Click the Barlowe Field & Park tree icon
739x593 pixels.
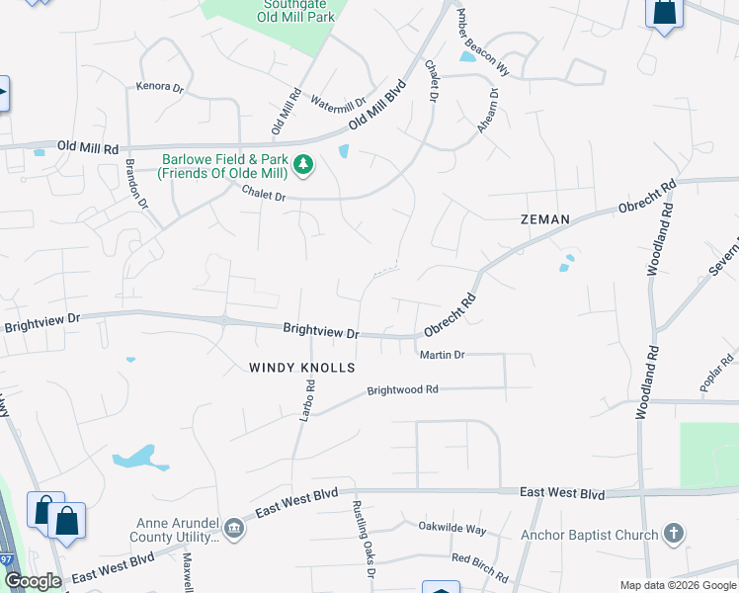pyautogui.click(x=304, y=164)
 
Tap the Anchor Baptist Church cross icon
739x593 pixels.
pyautogui.click(x=673, y=535)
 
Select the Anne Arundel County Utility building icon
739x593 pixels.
pyautogui.click(x=232, y=528)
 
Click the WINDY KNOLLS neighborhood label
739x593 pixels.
pyautogui.click(x=301, y=368)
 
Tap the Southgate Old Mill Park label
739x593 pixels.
pyautogui.click(x=296, y=10)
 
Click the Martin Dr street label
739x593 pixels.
pyautogui.click(x=442, y=354)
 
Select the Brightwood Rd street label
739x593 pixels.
pyautogui.click(x=402, y=390)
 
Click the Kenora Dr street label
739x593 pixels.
pyautogui.click(x=163, y=88)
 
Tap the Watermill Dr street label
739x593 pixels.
pyautogui.click(x=338, y=102)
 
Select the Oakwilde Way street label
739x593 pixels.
pyautogui.click(x=452, y=529)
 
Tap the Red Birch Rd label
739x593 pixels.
pyautogui.click(x=480, y=567)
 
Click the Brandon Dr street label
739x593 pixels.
pyautogui.click(x=135, y=184)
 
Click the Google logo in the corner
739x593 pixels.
pyautogui.click(x=33, y=581)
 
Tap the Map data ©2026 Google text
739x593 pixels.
pyautogui.click(x=678, y=585)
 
